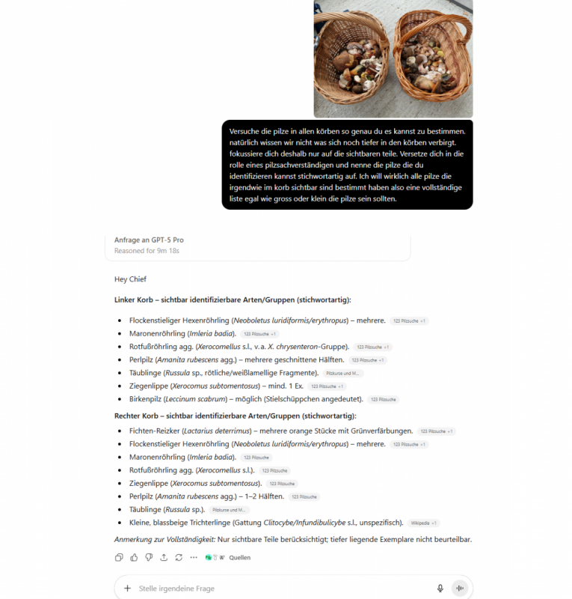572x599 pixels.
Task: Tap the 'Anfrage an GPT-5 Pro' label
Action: pyautogui.click(x=149, y=240)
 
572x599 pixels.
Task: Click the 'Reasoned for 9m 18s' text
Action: pyautogui.click(x=147, y=251)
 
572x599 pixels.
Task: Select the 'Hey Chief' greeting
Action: pyautogui.click(x=130, y=279)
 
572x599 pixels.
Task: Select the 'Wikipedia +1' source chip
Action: pyautogui.click(x=424, y=523)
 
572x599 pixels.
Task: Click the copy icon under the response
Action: pyautogui.click(x=119, y=557)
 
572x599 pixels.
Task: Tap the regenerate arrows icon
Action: pyautogui.click(x=179, y=557)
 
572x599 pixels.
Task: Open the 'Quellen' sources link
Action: pyautogui.click(x=239, y=557)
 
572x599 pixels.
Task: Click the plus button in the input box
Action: pyautogui.click(x=128, y=589)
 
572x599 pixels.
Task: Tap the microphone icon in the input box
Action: pyautogui.click(x=440, y=589)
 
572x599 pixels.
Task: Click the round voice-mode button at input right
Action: pyautogui.click(x=459, y=589)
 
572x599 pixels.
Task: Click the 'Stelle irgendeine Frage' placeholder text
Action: pyautogui.click(x=176, y=589)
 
